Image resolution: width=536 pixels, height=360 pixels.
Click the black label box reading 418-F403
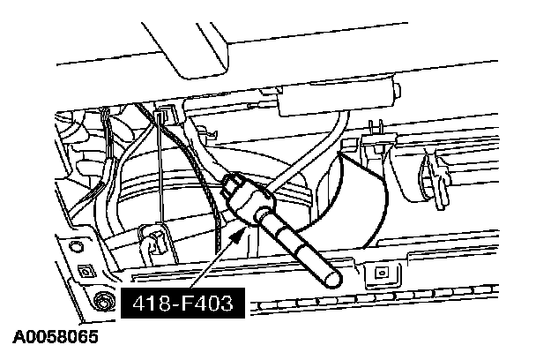point(182,304)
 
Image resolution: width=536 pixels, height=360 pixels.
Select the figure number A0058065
point(56,337)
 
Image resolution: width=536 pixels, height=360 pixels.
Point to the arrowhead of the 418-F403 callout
point(239,235)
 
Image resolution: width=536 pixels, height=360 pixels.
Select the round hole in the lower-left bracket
point(76,247)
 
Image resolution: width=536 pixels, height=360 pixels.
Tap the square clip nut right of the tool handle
point(382,273)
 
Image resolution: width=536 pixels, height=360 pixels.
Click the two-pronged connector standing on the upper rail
point(376,133)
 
